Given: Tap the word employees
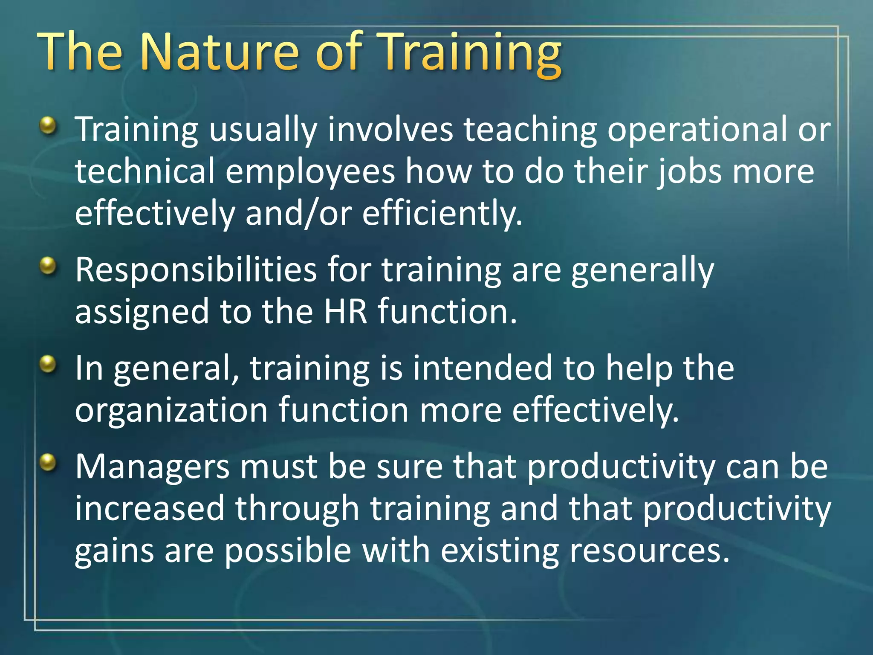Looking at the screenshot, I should pyautogui.click(x=310, y=171).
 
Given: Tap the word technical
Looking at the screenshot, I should pyautogui.click(x=145, y=171).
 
